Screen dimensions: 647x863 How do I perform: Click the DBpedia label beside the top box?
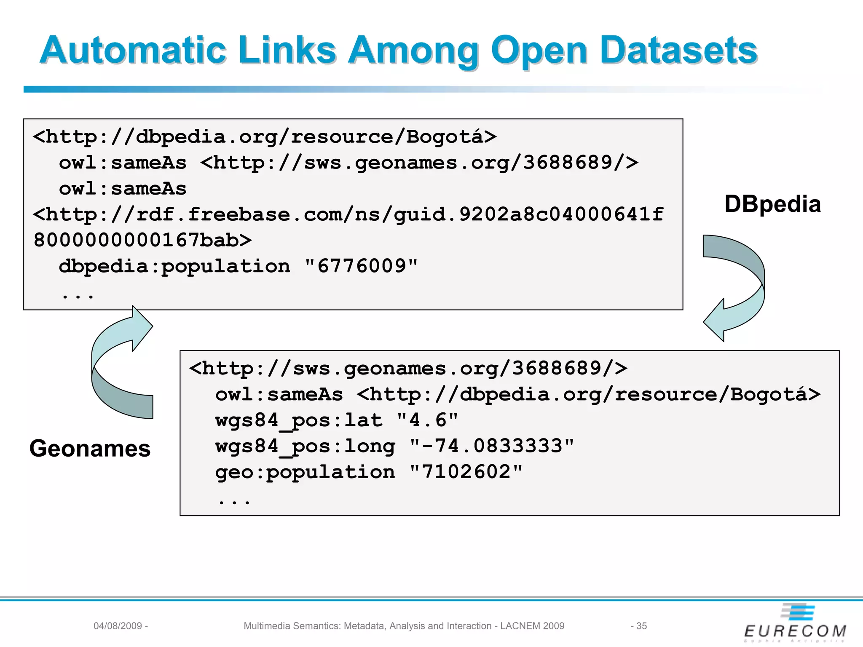(772, 204)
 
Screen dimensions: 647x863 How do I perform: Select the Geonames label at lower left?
(90, 448)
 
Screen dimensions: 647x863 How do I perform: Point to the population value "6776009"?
(361, 266)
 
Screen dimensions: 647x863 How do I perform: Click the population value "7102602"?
(466, 472)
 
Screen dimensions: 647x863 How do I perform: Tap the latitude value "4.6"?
(427, 420)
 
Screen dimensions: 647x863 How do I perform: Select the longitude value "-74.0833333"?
(492, 446)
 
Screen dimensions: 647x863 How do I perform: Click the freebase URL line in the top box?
(348, 214)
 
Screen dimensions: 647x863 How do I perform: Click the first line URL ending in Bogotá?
(265, 137)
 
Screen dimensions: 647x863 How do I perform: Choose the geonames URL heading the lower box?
(408, 369)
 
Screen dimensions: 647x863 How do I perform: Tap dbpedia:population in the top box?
(174, 266)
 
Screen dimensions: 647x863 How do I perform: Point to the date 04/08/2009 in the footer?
(118, 626)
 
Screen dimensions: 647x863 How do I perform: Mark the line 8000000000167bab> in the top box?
(142, 240)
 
